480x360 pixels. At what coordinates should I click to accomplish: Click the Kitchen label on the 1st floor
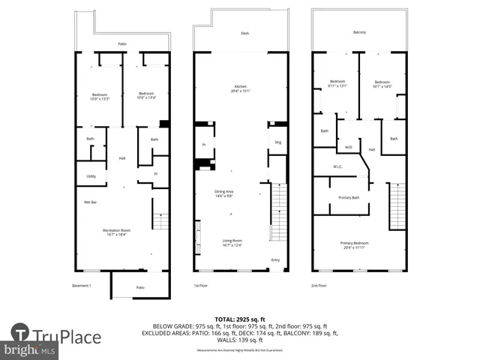pyautogui.click(x=241, y=87)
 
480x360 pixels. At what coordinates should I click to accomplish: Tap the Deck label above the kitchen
pyautogui.click(x=244, y=33)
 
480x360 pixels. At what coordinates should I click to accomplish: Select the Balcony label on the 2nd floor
pyautogui.click(x=360, y=32)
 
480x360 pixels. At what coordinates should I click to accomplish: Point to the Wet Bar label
pyautogui.click(x=91, y=201)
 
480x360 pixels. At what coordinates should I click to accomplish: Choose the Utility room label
pyautogui.click(x=91, y=176)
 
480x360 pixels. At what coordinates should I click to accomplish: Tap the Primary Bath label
pyautogui.click(x=349, y=197)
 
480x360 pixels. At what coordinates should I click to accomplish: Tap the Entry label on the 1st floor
pyautogui.click(x=274, y=261)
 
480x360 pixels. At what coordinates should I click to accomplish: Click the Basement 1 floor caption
pyautogui.click(x=81, y=286)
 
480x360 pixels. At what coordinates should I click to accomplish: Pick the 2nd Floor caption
pyautogui.click(x=319, y=286)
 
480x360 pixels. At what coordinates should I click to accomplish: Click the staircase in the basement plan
pyautogui.click(x=160, y=220)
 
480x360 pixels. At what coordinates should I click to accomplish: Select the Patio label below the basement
pyautogui.click(x=139, y=287)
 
